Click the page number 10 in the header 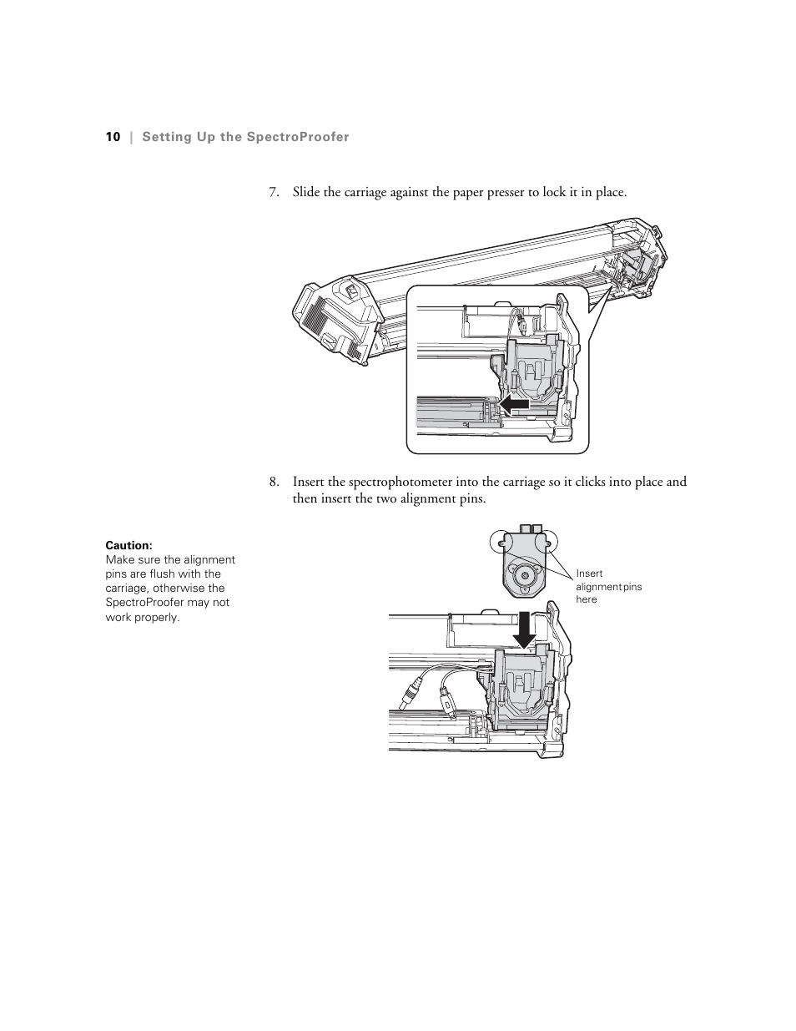tap(113, 137)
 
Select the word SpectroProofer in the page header tap(297, 137)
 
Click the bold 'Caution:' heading tap(128, 546)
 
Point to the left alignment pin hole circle tap(499, 542)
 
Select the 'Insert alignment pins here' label tap(607, 587)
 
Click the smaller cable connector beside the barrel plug tap(446, 703)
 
